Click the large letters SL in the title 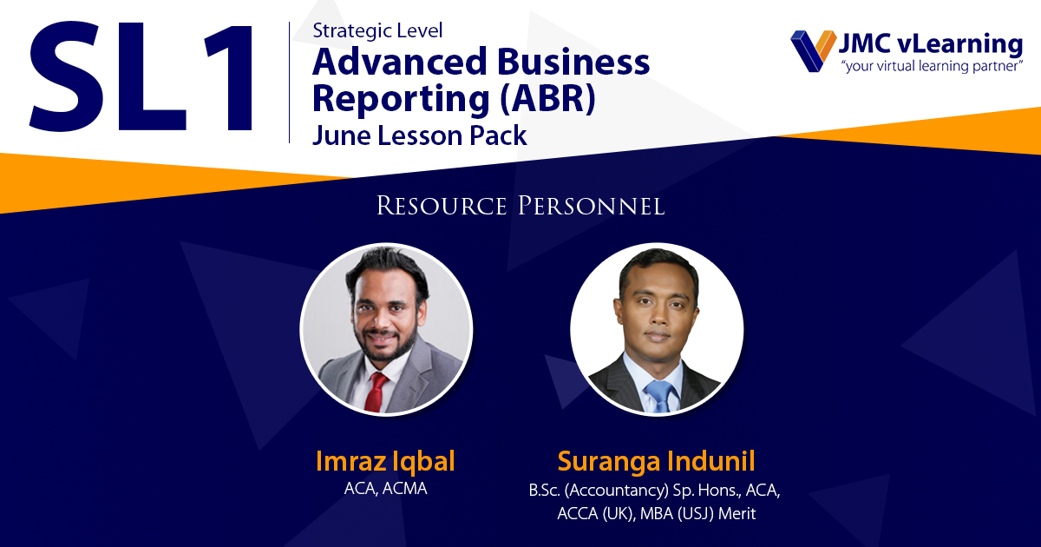pos(108,76)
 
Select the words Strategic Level pos(377,31)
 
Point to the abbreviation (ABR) pos(547,99)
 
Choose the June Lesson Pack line pos(420,135)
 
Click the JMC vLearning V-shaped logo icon pos(814,50)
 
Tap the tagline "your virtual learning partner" pos(933,66)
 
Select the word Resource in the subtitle pos(442,206)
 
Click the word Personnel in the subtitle pos(591,206)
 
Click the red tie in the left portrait pos(376,392)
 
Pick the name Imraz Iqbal pos(385,461)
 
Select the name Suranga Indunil pos(656,461)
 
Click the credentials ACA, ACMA pos(385,488)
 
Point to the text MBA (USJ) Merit pos(697,514)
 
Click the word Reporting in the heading pos(401,100)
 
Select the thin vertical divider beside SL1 pos(289,82)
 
